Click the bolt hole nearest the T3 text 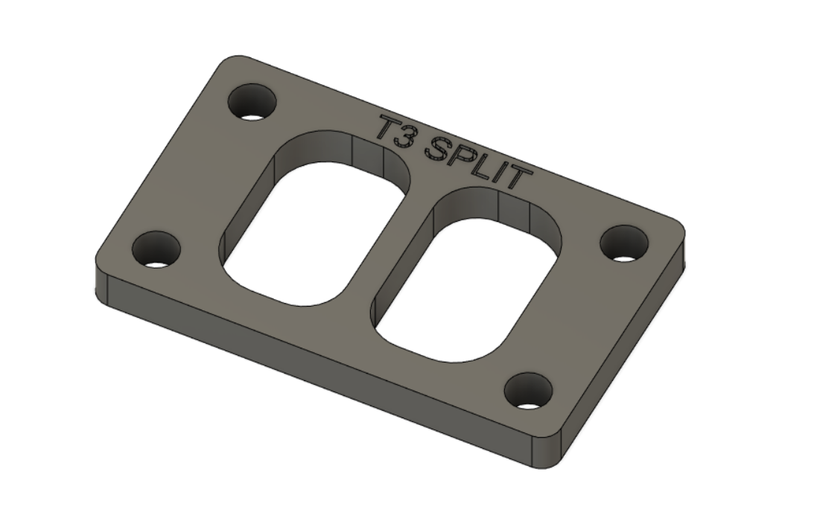tap(252, 103)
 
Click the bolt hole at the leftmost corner tap(156, 249)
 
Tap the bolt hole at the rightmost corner tap(624, 243)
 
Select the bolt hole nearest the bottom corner tap(528, 391)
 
